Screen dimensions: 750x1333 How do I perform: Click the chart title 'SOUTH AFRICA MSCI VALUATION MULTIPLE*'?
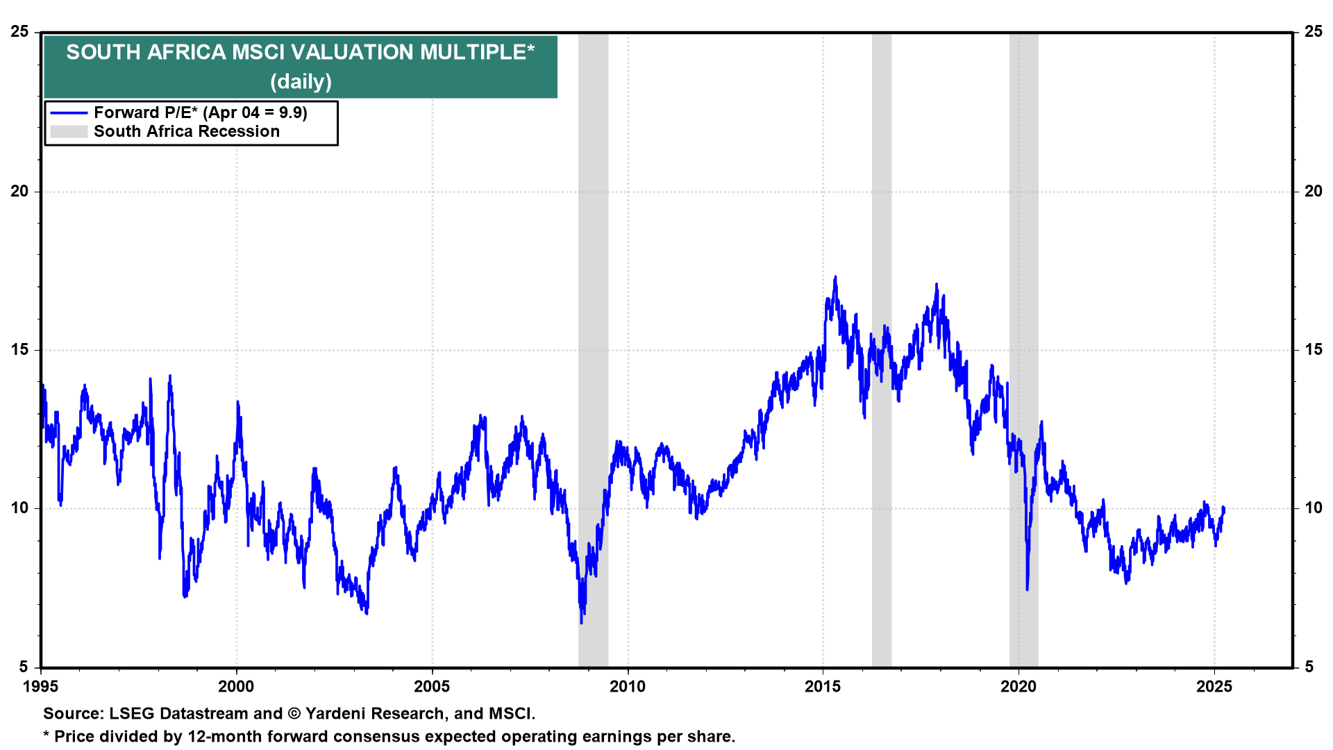pyautogui.click(x=300, y=52)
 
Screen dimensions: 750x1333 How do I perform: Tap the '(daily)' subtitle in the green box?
pyautogui.click(x=301, y=82)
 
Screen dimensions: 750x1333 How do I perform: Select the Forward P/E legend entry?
pyautogui.click(x=200, y=112)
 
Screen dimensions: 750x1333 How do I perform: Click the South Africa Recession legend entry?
pyautogui.click(x=186, y=131)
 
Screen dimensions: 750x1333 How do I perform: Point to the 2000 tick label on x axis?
pyautogui.click(x=236, y=687)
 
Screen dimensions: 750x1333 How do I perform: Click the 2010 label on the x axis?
pyautogui.click(x=628, y=687)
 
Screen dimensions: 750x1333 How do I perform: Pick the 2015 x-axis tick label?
pyautogui.click(x=823, y=687)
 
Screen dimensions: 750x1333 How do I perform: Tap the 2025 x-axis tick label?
pyautogui.click(x=1214, y=687)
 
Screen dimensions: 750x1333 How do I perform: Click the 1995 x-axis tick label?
pyautogui.click(x=41, y=687)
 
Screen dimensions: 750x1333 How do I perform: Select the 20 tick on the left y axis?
pyautogui.click(x=19, y=191)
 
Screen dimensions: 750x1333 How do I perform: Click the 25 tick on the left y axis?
pyautogui.click(x=19, y=32)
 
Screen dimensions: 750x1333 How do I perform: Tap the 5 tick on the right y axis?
pyautogui.click(x=1309, y=667)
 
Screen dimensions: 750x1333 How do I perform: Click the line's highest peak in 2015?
pyautogui.click(x=835, y=277)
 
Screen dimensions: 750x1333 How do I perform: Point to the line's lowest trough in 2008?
pyautogui.click(x=581, y=622)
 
